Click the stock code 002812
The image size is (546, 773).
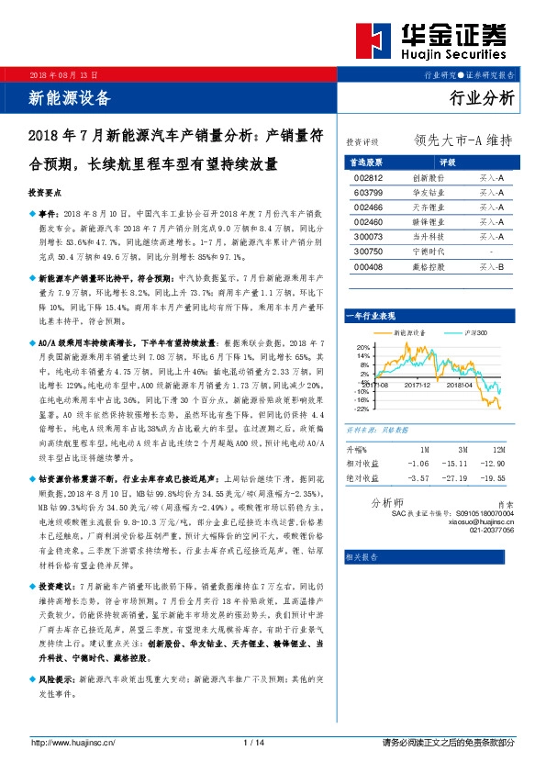pyautogui.click(x=367, y=177)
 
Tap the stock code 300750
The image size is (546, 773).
pyautogui.click(x=367, y=251)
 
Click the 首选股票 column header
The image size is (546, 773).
pyautogui.click(x=367, y=161)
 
